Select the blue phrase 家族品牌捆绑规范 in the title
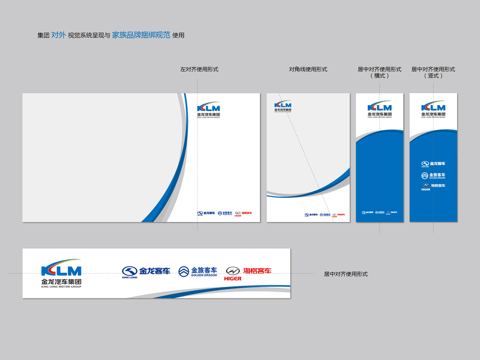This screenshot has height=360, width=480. [141, 35]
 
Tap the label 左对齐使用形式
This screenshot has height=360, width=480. [199, 70]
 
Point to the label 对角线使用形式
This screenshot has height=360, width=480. [308, 70]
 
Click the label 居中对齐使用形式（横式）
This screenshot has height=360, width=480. [380, 73]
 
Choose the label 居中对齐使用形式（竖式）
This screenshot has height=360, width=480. [433, 73]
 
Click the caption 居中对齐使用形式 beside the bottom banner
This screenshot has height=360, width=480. [346, 274]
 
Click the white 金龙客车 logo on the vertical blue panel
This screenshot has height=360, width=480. [433, 164]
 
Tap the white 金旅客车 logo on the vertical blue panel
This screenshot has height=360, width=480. [433, 175]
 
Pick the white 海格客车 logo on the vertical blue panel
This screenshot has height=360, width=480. [433, 187]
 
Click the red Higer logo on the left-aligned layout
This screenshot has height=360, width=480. [243, 212]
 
